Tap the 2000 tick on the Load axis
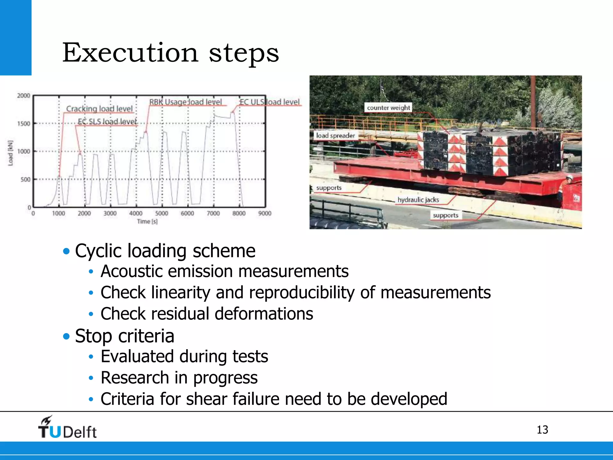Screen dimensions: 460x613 pyautogui.click(x=24, y=96)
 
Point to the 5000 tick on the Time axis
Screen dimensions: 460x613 pyautogui.click(x=162, y=213)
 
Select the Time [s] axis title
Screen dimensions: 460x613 pyautogui.click(x=147, y=221)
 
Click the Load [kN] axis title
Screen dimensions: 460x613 pyautogui.click(x=11, y=153)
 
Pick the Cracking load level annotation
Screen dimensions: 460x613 pyautogui.click(x=99, y=108)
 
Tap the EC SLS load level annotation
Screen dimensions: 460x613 pyautogui.click(x=107, y=121)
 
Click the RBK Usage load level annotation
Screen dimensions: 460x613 pyautogui.click(x=186, y=102)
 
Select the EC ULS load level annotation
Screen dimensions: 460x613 pyautogui.click(x=269, y=102)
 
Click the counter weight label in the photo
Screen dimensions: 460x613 pyautogui.click(x=388, y=108)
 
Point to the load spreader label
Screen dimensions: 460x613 pyautogui.click(x=335, y=135)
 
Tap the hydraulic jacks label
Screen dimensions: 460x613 pyautogui.click(x=418, y=199)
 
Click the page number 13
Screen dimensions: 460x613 pyautogui.click(x=542, y=430)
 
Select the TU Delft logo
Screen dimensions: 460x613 pyautogui.click(x=67, y=427)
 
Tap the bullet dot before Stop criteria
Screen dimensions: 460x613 pyautogui.click(x=66, y=336)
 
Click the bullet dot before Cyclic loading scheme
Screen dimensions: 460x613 pyautogui.click(x=66, y=251)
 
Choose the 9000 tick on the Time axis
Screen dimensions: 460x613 pyautogui.click(x=265, y=213)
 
